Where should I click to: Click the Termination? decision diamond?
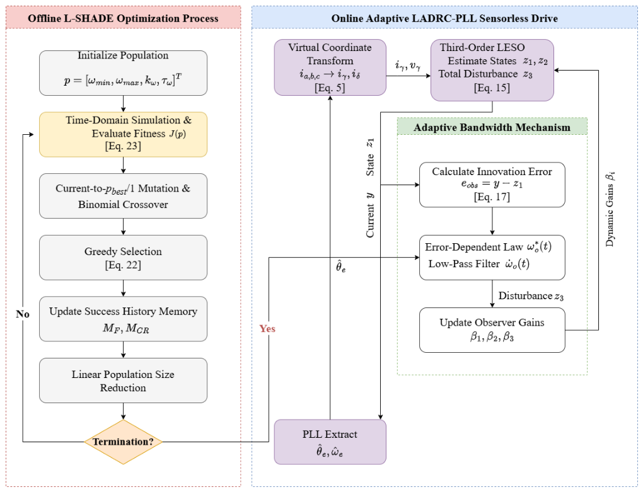[x=123, y=442]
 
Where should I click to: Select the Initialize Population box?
[x=123, y=73]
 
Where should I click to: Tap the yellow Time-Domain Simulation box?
[x=123, y=134]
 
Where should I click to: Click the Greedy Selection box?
[x=123, y=257]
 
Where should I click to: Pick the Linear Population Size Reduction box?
[x=123, y=380]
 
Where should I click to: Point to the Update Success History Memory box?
[x=123, y=319]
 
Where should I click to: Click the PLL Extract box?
[x=330, y=442]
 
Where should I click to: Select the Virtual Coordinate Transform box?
[x=330, y=67]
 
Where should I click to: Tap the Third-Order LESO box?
[x=492, y=70]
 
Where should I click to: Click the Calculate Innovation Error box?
[x=492, y=185]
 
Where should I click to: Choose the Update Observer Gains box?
[x=492, y=330]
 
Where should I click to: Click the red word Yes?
[x=267, y=329]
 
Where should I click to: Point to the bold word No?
[x=23, y=314]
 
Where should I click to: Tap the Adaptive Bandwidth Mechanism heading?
[x=492, y=127]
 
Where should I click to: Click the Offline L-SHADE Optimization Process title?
[x=123, y=18]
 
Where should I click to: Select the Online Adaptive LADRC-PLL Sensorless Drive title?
[x=444, y=18]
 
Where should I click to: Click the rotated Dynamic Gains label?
[x=610, y=209]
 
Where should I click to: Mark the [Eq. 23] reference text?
[x=123, y=146]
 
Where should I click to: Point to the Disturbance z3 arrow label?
[x=531, y=296]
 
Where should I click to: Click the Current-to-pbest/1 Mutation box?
[x=123, y=196]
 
